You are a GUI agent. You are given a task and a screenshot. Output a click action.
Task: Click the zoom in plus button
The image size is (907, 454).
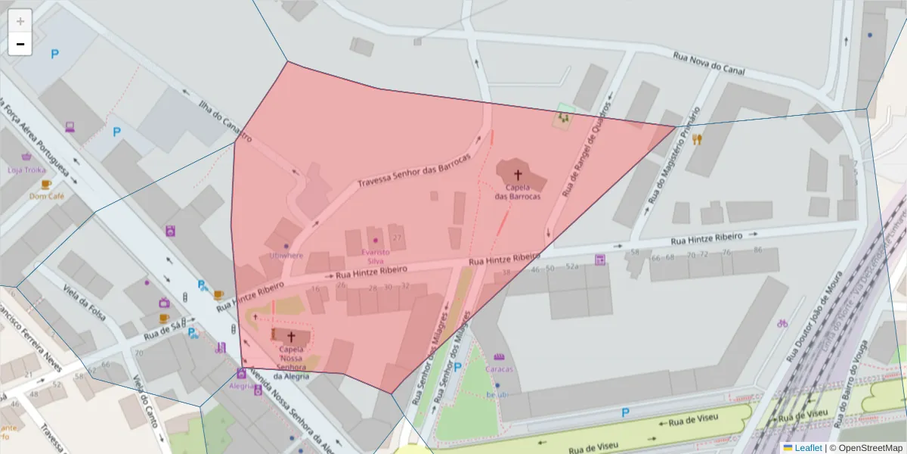coord(20,20)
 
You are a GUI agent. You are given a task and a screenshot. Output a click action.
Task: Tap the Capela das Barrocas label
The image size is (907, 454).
coord(518,191)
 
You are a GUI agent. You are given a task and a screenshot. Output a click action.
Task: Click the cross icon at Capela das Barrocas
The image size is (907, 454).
coord(518,175)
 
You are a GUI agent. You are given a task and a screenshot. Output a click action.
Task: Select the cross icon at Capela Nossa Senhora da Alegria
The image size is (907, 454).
coord(291,337)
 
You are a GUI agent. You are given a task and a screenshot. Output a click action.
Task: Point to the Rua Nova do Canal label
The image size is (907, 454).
coord(708,64)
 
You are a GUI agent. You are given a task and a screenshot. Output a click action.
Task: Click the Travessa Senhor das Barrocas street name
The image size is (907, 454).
coord(413,170)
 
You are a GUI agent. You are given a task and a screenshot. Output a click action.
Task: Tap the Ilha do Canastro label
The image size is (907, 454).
coord(224,120)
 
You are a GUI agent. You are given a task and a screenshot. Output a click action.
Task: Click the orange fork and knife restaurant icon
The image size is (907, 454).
coord(696,139)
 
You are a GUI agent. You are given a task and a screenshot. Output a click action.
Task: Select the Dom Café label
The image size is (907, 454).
coord(47,196)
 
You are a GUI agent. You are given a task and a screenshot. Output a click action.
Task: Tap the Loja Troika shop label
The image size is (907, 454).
coord(26,169)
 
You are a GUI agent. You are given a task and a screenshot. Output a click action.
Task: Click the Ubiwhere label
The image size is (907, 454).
coord(285,256)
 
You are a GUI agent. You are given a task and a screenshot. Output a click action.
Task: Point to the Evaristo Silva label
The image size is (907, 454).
coord(375,256)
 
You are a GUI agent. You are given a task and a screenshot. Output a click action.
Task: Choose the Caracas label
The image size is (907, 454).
coord(499,369)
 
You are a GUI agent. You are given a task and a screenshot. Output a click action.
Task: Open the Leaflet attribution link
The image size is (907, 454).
coord(807,448)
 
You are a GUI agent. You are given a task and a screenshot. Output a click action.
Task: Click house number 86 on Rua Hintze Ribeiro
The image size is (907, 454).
coord(757,250)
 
